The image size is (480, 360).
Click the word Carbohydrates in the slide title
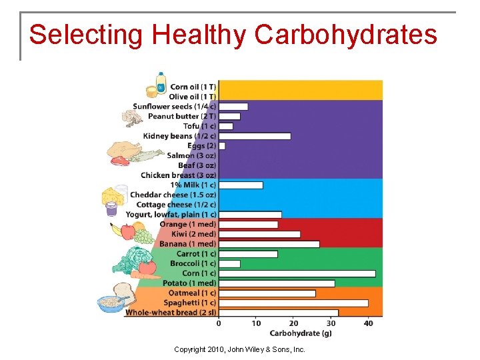tap(346, 35)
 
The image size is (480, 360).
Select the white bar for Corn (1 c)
tap(297, 273)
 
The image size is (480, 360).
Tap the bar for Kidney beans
tap(255, 136)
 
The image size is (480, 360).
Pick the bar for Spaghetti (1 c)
tap(293, 303)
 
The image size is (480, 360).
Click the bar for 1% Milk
tap(241, 185)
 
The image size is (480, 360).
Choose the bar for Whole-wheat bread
tap(278, 312)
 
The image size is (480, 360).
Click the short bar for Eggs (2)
tap(222, 145)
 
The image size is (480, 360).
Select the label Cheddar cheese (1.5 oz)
tap(173, 195)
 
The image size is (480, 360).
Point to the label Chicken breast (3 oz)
tap(178, 175)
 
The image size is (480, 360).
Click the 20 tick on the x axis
tap(293, 323)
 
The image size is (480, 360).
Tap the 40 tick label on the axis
tap(368, 323)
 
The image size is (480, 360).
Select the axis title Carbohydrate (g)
tap(301, 333)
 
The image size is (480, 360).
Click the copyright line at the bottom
tap(239, 349)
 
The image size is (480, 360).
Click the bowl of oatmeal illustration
tap(109, 303)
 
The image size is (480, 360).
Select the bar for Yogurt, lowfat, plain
tap(250, 215)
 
